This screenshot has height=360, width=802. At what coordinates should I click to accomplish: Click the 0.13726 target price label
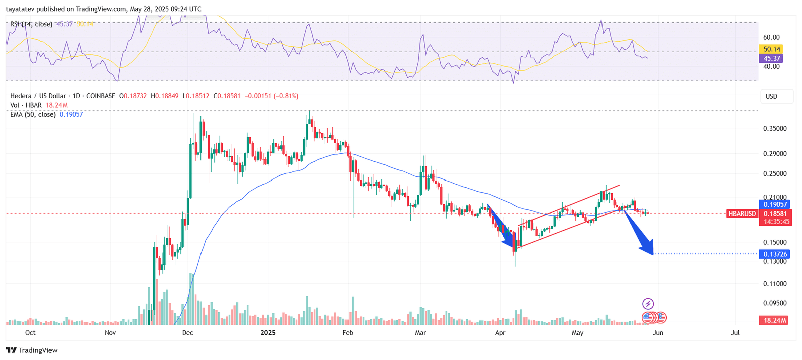[775, 254]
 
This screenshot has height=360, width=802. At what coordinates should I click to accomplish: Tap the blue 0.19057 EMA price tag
[775, 204]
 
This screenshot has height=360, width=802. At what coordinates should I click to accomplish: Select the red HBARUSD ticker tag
[742, 214]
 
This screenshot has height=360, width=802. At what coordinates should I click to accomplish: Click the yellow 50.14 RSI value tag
[772, 49]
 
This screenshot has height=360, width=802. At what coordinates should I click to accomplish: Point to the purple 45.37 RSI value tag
[772, 59]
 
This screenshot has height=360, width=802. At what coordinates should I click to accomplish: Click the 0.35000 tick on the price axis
[775, 129]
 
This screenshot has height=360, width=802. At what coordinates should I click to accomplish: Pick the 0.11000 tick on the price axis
[775, 284]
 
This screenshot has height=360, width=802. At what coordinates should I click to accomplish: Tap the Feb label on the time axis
[347, 333]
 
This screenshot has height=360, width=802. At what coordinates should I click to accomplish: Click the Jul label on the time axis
[735, 333]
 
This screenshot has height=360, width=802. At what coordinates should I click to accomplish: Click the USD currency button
[771, 96]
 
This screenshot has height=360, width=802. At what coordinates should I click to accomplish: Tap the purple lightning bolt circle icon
[648, 304]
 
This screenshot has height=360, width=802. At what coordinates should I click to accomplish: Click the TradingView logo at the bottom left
[32, 350]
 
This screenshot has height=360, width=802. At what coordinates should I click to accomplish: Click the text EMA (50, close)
[33, 115]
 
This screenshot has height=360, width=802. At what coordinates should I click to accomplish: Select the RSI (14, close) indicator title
[31, 24]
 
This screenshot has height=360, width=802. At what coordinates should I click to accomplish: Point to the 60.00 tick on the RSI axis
[771, 37]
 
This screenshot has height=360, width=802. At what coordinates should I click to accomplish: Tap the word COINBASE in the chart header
[100, 96]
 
